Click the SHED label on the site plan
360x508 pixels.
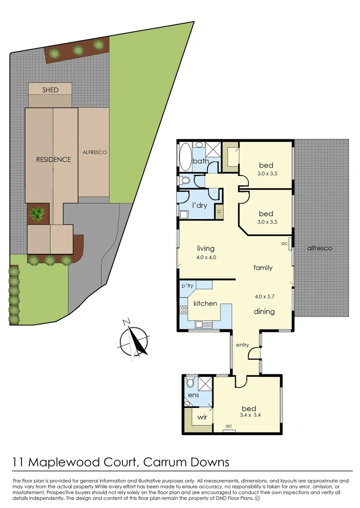50,89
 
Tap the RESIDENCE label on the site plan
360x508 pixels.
54,159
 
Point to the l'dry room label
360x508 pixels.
200,205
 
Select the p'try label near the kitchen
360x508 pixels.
188,286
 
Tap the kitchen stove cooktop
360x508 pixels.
184,310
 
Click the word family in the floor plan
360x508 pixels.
263,268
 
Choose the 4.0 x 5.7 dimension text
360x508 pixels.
264,297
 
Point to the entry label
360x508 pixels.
242,345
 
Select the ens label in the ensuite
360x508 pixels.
193,395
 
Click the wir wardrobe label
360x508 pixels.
202,417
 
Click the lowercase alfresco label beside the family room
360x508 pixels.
319,248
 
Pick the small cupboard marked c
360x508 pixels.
219,212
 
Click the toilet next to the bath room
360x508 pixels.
185,180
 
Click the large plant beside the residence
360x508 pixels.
37,214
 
